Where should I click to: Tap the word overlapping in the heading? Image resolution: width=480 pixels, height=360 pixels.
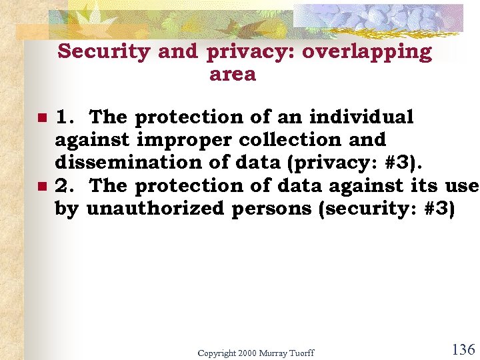(367, 52)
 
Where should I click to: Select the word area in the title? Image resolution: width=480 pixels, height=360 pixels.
(233, 74)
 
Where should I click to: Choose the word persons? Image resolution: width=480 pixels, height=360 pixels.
(273, 209)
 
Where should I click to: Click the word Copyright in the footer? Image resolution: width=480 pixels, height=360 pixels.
(217, 352)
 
